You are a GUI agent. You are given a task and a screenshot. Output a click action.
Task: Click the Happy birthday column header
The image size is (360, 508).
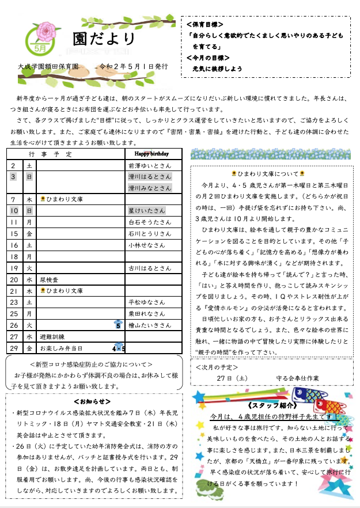tap(153, 154)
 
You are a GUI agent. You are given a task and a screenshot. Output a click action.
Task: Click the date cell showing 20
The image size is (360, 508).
tap(13, 279)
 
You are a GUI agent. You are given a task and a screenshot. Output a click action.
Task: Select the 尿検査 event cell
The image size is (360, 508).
tap(48, 279)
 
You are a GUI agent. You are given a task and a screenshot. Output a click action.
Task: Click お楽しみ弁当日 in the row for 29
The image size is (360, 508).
tap(62, 348)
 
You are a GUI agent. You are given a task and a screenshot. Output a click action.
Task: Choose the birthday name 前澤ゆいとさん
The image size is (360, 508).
tap(149, 165)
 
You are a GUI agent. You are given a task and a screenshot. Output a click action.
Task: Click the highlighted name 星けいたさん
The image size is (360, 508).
tap(147, 211)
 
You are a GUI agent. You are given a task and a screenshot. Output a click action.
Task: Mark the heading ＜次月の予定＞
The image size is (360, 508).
tap(218, 366)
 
